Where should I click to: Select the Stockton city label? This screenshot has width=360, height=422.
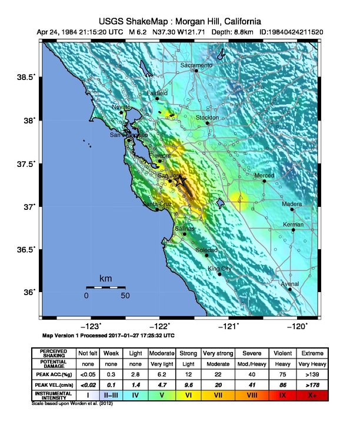207,118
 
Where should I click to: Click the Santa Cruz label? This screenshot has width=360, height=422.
157,204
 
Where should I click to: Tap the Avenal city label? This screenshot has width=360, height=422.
289,284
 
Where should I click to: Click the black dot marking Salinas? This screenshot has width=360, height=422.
185,234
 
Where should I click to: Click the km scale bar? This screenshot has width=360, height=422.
106,287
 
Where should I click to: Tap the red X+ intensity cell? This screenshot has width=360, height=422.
311,396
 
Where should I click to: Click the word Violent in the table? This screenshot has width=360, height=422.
281,353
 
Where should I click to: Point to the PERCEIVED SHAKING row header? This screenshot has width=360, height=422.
54,353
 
